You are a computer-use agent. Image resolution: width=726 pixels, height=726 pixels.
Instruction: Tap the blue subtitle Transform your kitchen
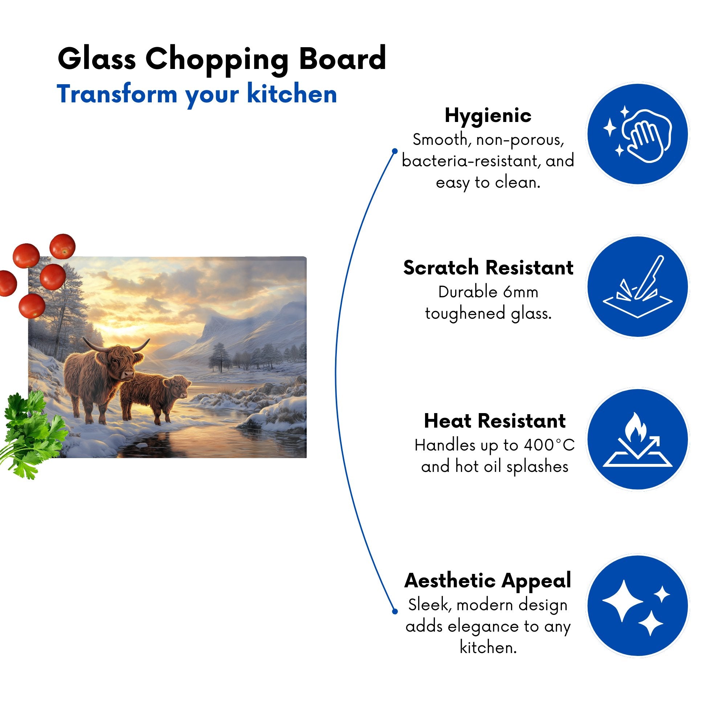click(x=197, y=95)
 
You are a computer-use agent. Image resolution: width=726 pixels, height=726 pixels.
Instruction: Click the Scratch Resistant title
click(x=488, y=268)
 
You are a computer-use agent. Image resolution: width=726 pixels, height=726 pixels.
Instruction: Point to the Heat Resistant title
click(x=494, y=421)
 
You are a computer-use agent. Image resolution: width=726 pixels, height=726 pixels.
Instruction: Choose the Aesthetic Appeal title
click(x=488, y=580)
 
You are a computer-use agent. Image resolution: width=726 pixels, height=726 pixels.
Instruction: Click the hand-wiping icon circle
click(x=638, y=134)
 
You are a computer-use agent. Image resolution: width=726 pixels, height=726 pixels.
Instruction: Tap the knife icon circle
click(x=638, y=286)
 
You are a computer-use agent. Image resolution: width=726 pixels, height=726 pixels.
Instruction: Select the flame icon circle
click(x=638, y=439)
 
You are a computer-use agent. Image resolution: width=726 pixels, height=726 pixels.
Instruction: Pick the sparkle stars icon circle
click(x=638, y=605)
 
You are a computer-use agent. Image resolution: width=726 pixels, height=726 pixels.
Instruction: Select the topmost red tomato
click(x=63, y=246)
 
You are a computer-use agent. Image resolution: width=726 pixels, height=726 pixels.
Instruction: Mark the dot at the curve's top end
click(x=395, y=151)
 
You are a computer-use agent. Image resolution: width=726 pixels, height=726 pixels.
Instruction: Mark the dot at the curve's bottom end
click(x=395, y=611)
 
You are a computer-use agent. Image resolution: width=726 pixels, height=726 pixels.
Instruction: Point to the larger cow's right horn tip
click(x=149, y=339)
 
